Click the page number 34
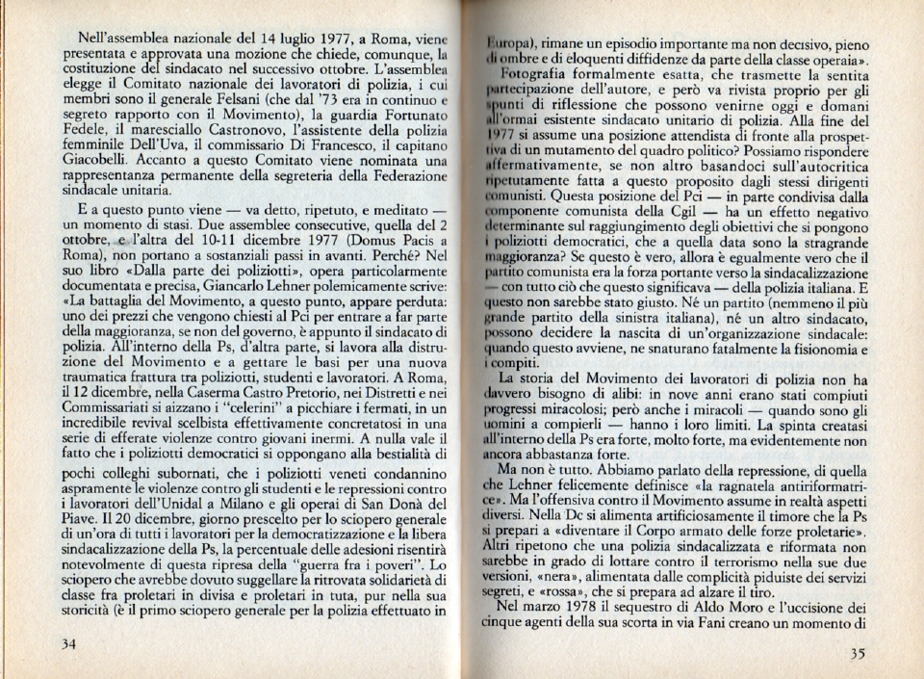pyautogui.click(x=69, y=644)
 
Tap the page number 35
pyautogui.click(x=858, y=653)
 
